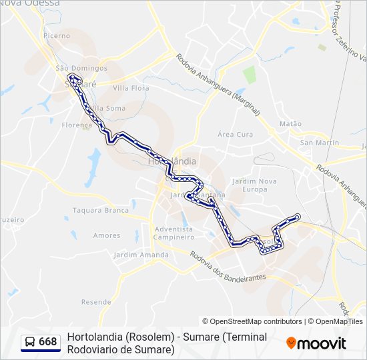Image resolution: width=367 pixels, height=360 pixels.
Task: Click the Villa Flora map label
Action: [131, 87]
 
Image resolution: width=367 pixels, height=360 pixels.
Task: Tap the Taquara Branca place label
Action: [101, 210]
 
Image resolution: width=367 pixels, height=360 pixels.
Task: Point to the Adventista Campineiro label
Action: [173, 233]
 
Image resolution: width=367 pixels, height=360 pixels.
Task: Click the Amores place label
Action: [107, 235]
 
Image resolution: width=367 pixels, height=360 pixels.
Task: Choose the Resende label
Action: [96, 302]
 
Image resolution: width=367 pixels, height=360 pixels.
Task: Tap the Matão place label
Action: [290, 123]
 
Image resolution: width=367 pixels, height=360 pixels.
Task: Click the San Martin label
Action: [320, 143]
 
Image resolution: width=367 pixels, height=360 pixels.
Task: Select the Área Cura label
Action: [236, 134]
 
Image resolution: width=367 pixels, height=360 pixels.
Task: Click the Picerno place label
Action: [56, 35]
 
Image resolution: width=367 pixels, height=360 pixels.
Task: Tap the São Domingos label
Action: [81, 68]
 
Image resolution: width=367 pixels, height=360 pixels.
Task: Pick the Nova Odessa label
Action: [30, 3]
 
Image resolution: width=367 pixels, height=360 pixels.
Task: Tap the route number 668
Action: [48, 342]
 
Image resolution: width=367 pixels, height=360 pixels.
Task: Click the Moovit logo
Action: [316, 343]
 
